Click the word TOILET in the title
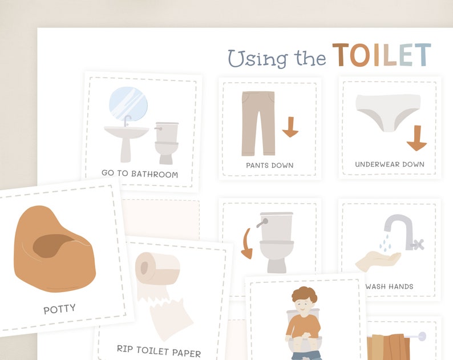pos(381,55)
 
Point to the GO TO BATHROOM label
pos(140,174)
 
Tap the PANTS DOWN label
pos(270,165)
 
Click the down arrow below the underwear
pos(417,138)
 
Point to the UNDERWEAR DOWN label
pos(390,164)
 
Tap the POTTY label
pos(59,310)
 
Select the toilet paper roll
pos(157,268)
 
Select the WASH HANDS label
pos(392,286)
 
